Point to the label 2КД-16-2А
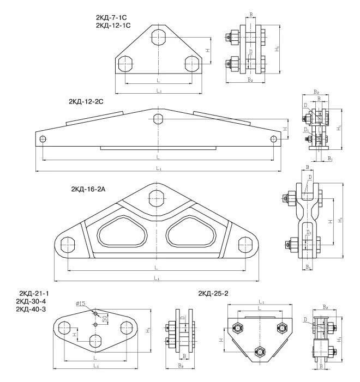pos(91,189)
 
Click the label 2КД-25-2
pos(213,294)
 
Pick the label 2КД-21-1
pos(34,294)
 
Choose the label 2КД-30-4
pos(34,301)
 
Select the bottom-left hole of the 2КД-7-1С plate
pos(125,63)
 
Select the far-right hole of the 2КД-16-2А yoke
pos(247,245)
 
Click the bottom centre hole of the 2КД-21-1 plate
pos(95,342)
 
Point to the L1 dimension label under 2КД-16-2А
pos(157,278)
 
